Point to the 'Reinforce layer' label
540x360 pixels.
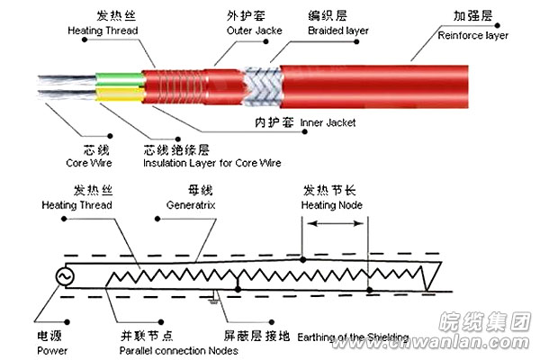point(472,35)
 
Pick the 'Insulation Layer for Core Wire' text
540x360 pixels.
point(211,163)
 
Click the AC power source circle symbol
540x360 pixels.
point(66,277)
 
